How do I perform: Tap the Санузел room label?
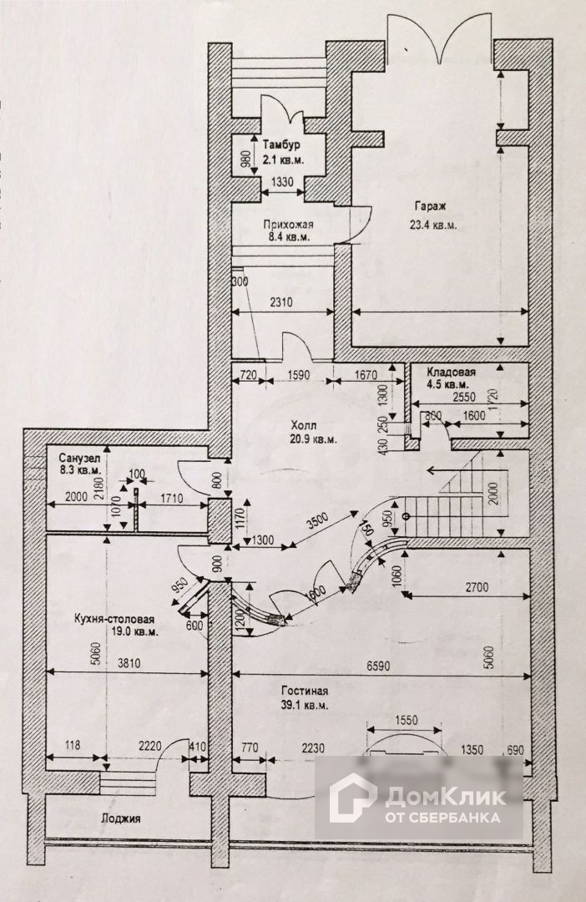coord(79,459)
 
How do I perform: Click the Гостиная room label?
coord(305,692)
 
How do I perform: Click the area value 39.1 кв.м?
coord(305,706)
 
